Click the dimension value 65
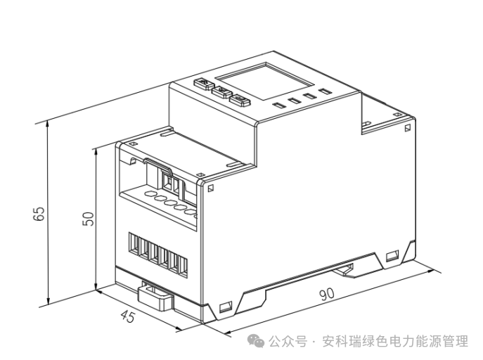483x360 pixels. pos(39,212)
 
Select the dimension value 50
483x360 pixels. pos(88,219)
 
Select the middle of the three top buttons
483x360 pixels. pos(221,92)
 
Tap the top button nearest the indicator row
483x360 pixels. pos(240,99)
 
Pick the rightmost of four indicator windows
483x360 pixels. pos(324,90)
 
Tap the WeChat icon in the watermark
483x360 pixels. pos(257,342)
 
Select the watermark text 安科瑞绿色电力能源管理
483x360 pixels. pos(394,342)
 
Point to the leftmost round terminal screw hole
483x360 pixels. pos(150,192)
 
